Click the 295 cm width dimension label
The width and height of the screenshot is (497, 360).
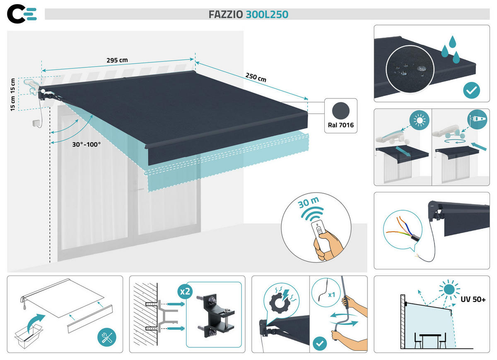click(117, 60)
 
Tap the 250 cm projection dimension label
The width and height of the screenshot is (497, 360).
click(256, 77)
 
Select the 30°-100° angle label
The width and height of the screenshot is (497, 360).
click(86, 145)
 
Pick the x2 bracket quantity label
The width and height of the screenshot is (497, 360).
click(185, 291)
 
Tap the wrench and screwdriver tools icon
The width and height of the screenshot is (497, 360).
click(106, 338)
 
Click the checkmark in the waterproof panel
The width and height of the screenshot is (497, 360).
click(471, 89)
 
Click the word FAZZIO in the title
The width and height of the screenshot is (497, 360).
click(226, 14)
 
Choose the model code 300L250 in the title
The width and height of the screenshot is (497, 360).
click(267, 14)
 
